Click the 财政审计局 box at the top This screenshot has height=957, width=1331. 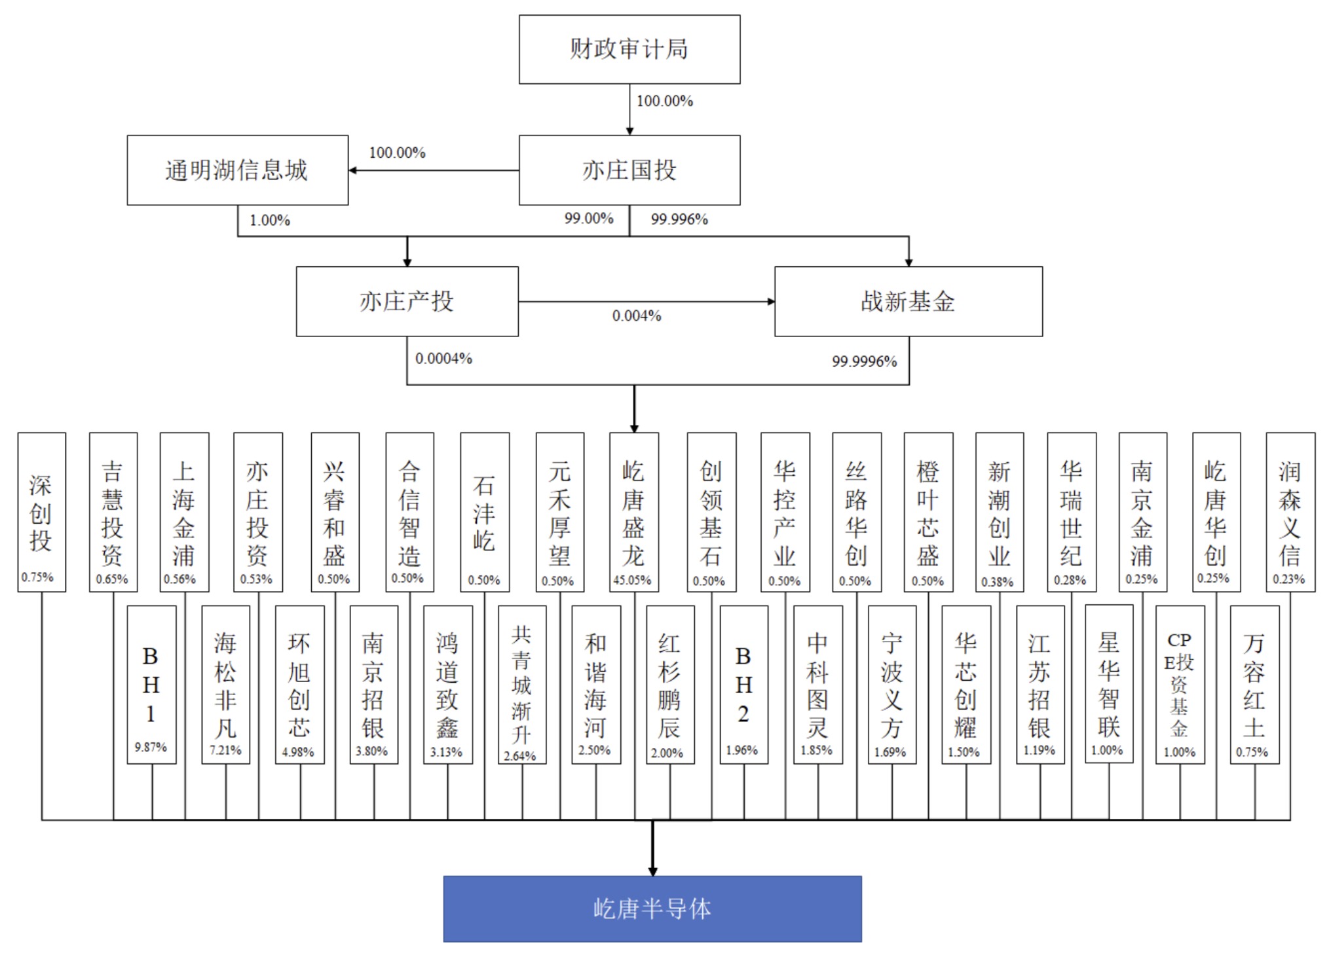point(629,50)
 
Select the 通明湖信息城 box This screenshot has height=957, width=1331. point(237,170)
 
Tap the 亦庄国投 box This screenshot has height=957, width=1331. point(629,170)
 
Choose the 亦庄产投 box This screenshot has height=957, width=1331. point(407,301)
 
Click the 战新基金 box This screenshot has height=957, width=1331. point(908,301)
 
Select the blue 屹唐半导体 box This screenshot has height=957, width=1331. point(652,909)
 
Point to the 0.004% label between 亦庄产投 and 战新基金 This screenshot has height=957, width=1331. point(637,316)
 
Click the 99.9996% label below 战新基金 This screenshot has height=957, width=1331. point(864,361)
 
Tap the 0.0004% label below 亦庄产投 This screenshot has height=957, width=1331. point(443,359)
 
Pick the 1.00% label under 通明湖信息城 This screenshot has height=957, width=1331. point(269,221)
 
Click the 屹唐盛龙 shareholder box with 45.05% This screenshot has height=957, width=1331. point(633,512)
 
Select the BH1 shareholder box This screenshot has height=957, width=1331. point(151,684)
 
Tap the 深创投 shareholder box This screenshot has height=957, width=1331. point(41,512)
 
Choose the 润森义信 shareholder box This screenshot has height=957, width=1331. point(1290,512)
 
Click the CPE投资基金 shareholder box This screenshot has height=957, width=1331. point(1180,684)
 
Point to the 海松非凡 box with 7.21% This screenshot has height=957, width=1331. point(225,684)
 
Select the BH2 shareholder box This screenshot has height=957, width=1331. point(743,684)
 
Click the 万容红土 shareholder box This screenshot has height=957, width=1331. point(1254,684)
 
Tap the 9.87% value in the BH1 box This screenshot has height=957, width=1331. point(151,747)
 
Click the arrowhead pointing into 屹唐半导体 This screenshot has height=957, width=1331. point(652,871)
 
